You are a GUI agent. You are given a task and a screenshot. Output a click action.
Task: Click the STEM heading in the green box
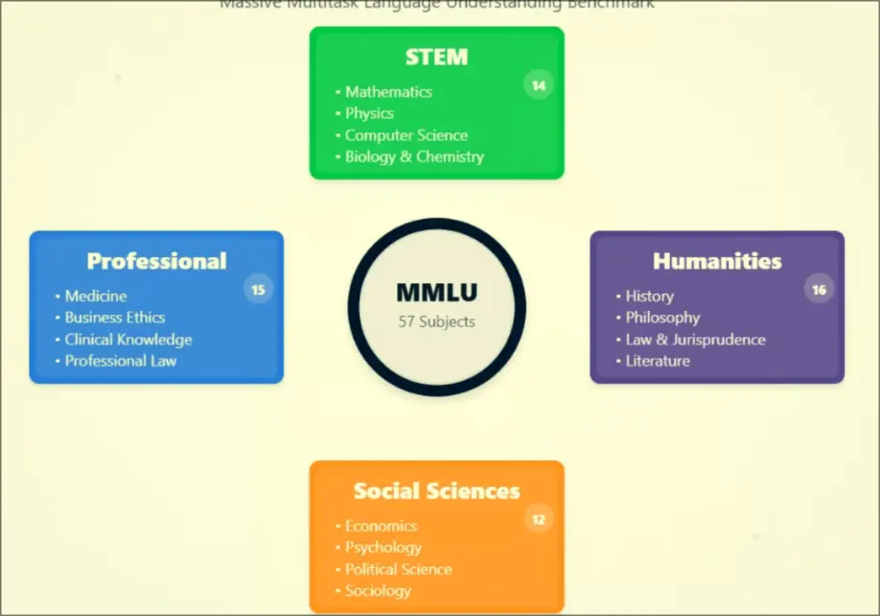(436, 57)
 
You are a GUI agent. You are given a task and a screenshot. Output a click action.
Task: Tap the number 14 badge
(539, 85)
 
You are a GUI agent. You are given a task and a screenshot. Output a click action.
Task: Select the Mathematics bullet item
(388, 92)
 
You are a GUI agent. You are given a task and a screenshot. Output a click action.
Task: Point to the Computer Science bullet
(406, 135)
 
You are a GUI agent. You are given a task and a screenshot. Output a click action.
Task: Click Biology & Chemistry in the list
(414, 156)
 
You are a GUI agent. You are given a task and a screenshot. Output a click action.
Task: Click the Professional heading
(156, 261)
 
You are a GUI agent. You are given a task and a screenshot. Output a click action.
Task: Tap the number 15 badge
(258, 289)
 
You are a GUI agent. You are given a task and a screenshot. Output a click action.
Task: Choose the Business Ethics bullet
(115, 318)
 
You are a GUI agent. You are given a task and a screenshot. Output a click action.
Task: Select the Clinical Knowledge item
(128, 340)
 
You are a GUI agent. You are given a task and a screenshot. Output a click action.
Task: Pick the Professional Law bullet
(121, 361)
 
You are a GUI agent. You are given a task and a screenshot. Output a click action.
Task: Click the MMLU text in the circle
(436, 294)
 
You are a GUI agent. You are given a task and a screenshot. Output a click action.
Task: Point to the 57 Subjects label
(436, 321)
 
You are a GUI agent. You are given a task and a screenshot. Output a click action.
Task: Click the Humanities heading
(717, 261)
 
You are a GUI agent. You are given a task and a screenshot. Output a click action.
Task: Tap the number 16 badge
(819, 289)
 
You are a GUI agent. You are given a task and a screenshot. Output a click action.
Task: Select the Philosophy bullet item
(662, 318)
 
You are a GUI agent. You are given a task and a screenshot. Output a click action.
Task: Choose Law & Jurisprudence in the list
(695, 340)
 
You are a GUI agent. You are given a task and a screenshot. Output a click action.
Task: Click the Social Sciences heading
(436, 491)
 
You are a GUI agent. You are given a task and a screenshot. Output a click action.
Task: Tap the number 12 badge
(539, 519)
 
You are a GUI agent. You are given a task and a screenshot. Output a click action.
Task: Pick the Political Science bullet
(398, 569)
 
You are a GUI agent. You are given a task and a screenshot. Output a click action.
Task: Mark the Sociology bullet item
(378, 591)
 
